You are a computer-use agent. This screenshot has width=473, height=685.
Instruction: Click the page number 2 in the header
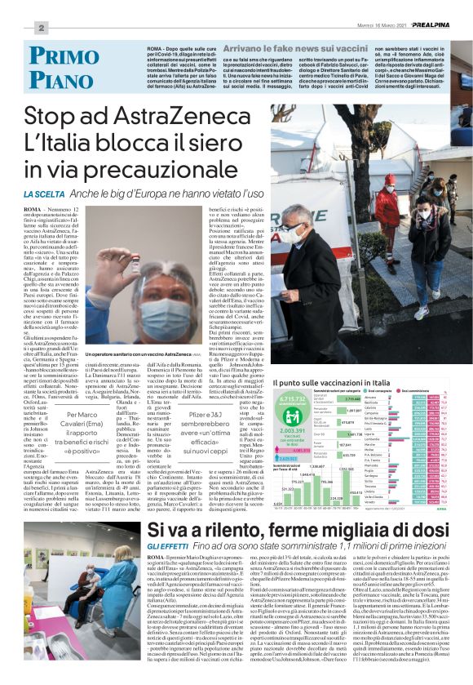[39, 27]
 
